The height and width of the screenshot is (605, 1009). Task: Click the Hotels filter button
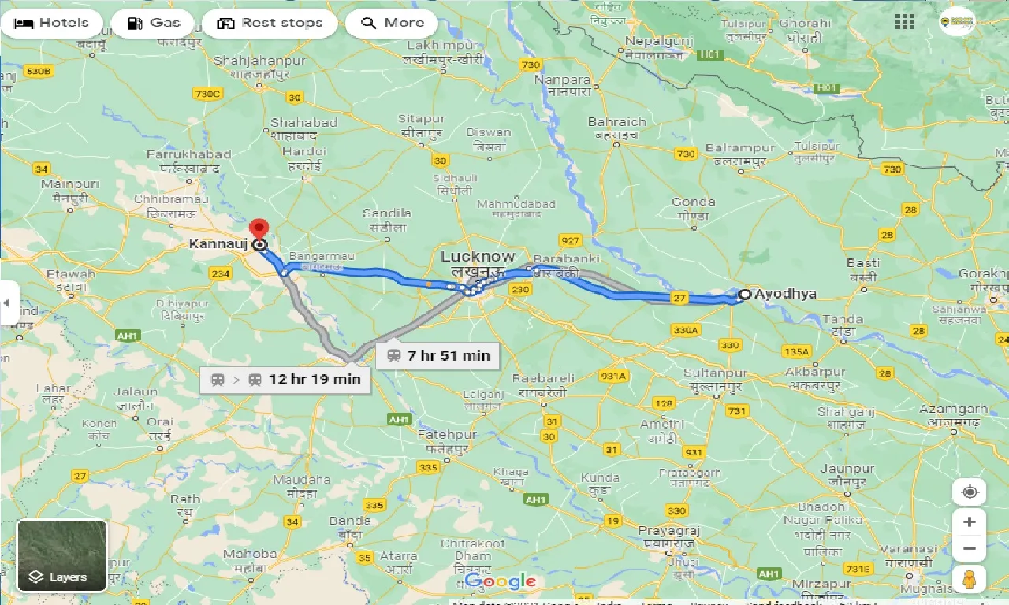pyautogui.click(x=52, y=23)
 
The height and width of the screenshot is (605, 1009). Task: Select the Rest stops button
pyautogui.click(x=270, y=23)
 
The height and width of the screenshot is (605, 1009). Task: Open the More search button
pyautogui.click(x=392, y=23)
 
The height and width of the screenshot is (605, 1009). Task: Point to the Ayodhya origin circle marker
pyautogui.click(x=743, y=295)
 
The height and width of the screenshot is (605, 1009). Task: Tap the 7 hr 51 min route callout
pyautogui.click(x=437, y=355)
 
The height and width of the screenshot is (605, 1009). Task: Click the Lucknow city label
pyautogui.click(x=477, y=257)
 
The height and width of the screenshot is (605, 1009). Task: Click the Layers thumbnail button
pyautogui.click(x=61, y=555)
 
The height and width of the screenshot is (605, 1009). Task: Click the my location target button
pyautogui.click(x=970, y=492)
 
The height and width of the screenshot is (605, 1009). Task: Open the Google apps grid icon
pyautogui.click(x=904, y=22)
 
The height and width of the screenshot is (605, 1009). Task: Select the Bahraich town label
pyautogui.click(x=616, y=122)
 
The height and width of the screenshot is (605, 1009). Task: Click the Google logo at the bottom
pyautogui.click(x=501, y=582)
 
